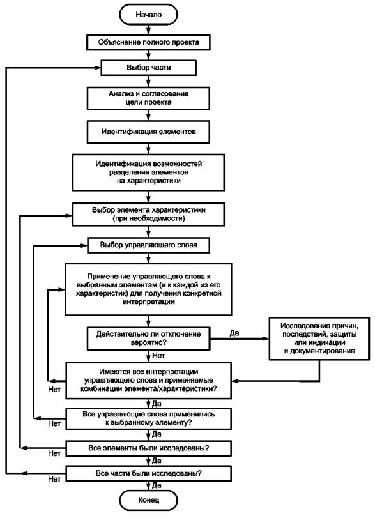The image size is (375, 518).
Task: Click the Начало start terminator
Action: [x=148, y=15]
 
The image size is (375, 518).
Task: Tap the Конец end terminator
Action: [x=148, y=500]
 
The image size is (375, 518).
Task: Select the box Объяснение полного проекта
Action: [x=148, y=42]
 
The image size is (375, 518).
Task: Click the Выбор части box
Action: [x=148, y=68]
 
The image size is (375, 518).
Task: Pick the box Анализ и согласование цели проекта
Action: [x=148, y=98]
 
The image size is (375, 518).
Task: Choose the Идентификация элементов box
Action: [x=148, y=132]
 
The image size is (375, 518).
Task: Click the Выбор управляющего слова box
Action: [x=148, y=245]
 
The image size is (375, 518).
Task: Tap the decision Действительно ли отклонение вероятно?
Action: [x=148, y=339]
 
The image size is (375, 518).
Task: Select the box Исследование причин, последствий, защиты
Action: [x=319, y=339]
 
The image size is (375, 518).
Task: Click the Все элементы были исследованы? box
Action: [x=148, y=448]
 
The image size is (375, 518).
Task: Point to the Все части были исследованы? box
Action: [x=148, y=473]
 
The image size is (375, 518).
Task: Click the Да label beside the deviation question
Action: [x=234, y=333]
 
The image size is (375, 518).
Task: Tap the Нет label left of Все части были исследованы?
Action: [x=54, y=479]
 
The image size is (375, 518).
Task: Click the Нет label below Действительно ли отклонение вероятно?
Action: [x=158, y=356]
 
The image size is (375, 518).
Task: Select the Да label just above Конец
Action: [x=157, y=485]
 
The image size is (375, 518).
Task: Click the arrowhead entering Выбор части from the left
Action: [x=97, y=68]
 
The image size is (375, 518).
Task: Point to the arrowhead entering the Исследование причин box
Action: [x=266, y=339]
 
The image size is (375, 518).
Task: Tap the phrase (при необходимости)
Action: [x=148, y=218]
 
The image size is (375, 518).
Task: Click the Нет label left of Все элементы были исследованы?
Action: [x=54, y=453]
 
